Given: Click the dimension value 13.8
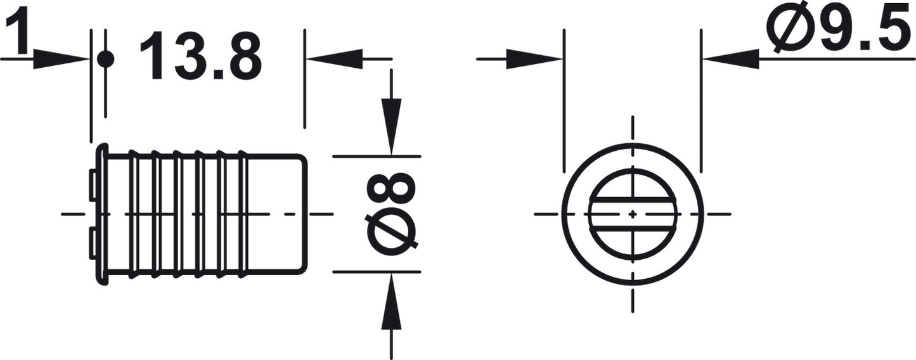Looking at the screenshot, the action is [201, 56].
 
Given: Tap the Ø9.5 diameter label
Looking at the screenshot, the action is [841, 30].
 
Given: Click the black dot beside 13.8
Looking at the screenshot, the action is [105, 60].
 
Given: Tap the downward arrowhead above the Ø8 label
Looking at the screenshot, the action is [392, 127].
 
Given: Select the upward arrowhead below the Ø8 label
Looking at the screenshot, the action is [392, 301].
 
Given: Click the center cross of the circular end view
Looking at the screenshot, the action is [633, 214].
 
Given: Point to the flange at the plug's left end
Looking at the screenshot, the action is [102, 214].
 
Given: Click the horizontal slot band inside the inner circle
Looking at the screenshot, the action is [633, 214].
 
